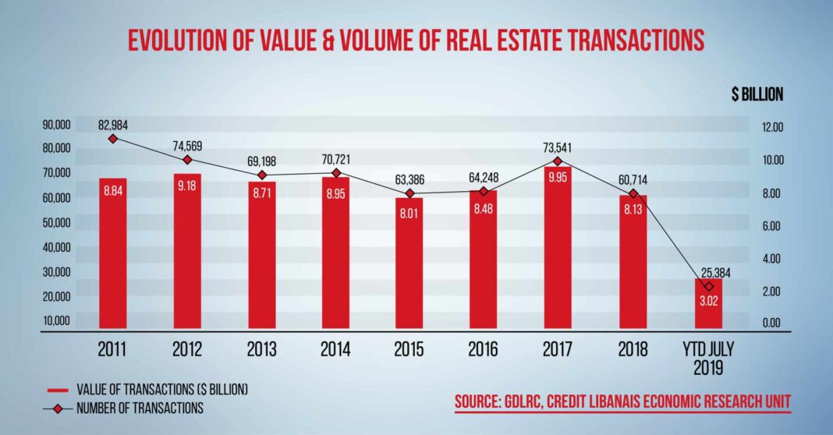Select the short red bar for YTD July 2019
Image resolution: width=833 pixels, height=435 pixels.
pos(708,303)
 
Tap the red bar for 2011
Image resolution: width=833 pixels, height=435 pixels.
pos(112,253)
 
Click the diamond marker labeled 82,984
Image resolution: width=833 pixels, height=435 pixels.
pos(112,139)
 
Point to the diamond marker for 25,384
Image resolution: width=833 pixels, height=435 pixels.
pos(708,287)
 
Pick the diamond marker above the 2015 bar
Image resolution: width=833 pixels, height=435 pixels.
pos(409,193)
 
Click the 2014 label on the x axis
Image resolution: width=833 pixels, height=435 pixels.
pos(335,350)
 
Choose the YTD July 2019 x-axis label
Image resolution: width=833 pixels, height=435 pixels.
pos(708,357)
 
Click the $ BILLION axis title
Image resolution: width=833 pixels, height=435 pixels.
pos(757,95)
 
